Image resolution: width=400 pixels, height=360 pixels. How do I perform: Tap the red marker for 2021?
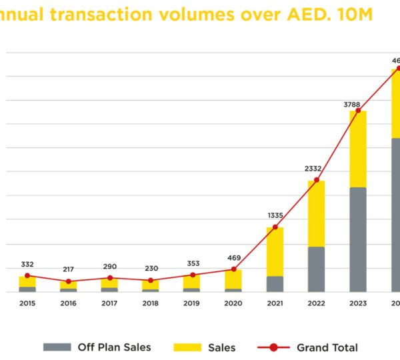coord(275,227)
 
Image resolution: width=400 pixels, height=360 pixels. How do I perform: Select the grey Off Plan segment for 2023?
coord(358,239)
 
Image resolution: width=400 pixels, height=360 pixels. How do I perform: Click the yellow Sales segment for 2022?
coord(317,213)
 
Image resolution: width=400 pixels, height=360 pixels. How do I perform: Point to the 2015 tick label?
coord(27,303)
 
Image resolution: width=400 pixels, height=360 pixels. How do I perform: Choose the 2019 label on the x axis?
coord(192,303)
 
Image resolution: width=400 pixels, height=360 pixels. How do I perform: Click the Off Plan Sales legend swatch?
coord(57,347)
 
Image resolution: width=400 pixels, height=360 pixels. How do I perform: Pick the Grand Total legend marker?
coord(274,347)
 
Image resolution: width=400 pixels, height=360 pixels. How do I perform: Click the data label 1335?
coord(275,215)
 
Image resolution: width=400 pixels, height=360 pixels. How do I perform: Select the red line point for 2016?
coord(69,281)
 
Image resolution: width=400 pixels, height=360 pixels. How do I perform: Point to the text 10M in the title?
coord(355,13)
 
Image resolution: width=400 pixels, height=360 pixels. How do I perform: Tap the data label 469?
coord(233,258)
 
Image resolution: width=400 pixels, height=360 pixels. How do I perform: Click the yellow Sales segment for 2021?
coord(275,252)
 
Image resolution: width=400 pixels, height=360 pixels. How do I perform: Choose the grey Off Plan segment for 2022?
coord(317,269)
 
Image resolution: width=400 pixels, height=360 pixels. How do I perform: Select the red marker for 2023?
coord(358,111)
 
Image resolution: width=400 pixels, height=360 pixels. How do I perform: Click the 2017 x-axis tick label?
coord(110,303)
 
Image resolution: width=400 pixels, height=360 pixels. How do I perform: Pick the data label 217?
coord(69,270)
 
